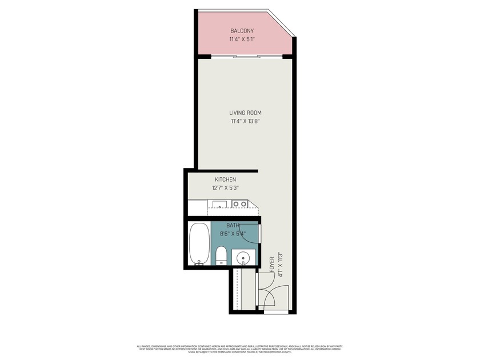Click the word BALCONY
(242, 31)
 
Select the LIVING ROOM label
(246, 113)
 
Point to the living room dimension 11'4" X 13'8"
(246, 121)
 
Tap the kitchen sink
(218, 203)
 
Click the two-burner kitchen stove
(240, 203)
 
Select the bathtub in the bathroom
(199, 244)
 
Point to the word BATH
(233, 226)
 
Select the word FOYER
(271, 267)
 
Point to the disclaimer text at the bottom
(240, 349)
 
